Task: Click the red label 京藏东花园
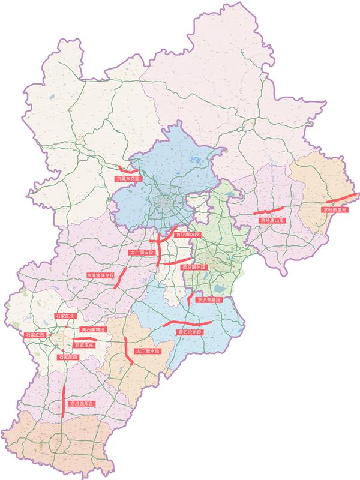click(128, 179)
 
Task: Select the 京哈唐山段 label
click(272, 221)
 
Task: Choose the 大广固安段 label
click(142, 253)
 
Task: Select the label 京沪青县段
click(209, 299)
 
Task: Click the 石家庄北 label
click(64, 316)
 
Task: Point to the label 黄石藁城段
click(92, 330)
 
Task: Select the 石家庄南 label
click(68, 357)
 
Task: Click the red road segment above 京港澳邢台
click(64, 399)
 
